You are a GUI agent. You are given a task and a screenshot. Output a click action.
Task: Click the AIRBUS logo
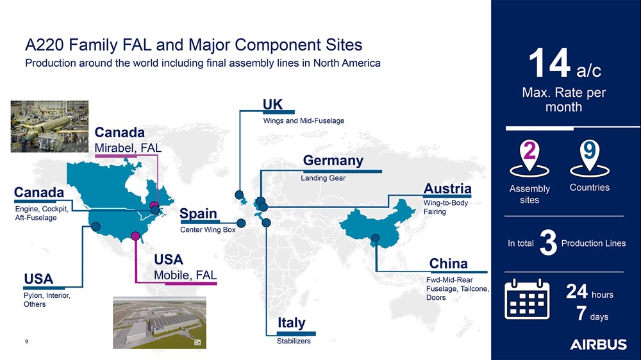coord(598,345)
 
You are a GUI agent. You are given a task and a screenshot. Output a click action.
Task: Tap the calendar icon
coord(527,299)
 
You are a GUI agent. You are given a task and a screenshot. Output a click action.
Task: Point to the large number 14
coord(549,63)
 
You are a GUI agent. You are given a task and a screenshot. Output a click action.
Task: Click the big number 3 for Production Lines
coord(548,243)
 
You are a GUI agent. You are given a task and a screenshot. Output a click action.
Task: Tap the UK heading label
coord(272,104)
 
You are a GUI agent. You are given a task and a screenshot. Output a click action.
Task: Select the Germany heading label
coord(333,161)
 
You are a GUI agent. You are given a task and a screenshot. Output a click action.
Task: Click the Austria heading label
coord(447,188)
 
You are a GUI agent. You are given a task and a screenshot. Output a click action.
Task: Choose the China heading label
coord(449,263)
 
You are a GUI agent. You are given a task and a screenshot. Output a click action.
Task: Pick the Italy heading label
coord(292,323)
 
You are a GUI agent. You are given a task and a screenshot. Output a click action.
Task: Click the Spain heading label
coord(198,214)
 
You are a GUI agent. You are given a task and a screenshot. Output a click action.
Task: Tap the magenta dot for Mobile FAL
coord(135,236)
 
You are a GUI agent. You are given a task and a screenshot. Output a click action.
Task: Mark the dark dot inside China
coord(375,238)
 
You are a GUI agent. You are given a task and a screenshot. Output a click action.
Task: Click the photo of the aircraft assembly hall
coord(49,126)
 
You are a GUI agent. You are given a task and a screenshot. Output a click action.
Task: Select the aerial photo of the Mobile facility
coord(160,323)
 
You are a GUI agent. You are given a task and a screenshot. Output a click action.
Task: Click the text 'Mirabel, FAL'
coord(128,148)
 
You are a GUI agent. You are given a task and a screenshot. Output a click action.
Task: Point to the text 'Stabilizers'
coord(294,341)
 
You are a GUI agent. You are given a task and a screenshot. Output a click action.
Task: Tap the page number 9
coord(26,341)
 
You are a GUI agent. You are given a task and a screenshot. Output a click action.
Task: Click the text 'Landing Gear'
coord(323,177)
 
